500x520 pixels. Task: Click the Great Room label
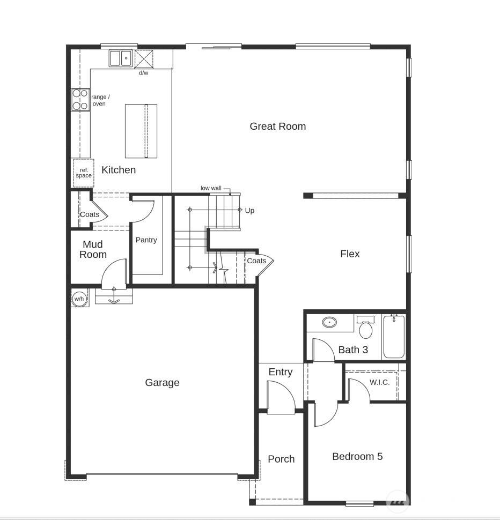coord(277,127)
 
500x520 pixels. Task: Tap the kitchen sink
coord(121,58)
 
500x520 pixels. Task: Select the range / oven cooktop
coord(80,100)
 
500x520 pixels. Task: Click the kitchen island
coord(141,131)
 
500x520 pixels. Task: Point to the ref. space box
coord(84,173)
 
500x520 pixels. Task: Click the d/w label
coord(144,73)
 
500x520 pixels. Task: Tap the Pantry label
coord(146,240)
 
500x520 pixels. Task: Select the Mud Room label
coord(93,250)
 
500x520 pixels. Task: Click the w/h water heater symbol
coord(79,299)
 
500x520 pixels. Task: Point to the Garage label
coord(162,383)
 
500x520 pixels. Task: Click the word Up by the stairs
coord(249,211)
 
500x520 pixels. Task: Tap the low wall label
coord(211,188)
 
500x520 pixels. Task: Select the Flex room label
coord(350,254)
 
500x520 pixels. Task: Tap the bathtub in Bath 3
coord(394,337)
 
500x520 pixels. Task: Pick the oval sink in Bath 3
coord(329,322)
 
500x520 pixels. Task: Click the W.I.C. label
coord(379,383)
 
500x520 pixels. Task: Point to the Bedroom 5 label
coord(357,457)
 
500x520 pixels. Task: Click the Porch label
coord(281,459)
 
